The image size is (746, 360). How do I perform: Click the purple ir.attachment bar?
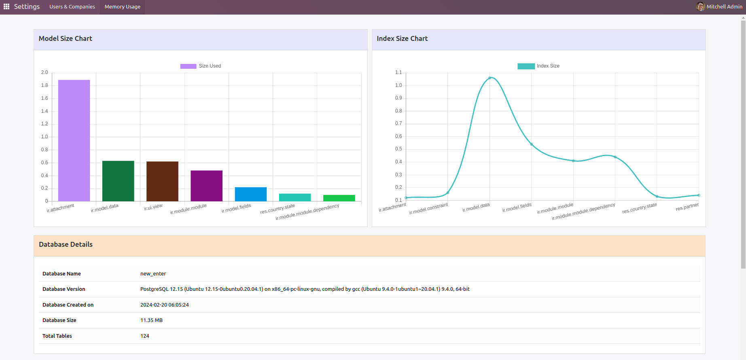point(74,140)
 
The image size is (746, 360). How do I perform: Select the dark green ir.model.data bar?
point(118,181)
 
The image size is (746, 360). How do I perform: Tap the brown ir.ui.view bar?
point(162,181)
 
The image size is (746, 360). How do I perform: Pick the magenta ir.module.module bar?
point(206,186)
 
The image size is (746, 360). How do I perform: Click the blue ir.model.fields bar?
point(251,194)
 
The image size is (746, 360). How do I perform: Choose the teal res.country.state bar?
point(295,197)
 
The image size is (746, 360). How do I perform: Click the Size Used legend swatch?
point(188,66)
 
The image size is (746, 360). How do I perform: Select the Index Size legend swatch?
point(526,66)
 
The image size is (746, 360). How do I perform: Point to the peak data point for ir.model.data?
point(490,78)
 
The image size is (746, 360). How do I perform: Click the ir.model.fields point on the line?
point(532,144)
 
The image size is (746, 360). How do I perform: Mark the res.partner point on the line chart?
point(699,195)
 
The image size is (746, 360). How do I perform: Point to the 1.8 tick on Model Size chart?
point(45,85)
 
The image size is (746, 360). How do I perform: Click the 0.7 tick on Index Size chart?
point(398,123)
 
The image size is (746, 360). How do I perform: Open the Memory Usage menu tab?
point(123,7)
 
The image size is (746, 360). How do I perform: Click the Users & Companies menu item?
point(72,7)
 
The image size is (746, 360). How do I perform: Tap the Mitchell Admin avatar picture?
point(700,6)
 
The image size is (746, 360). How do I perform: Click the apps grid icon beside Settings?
point(6,6)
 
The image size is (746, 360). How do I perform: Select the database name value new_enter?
point(153,274)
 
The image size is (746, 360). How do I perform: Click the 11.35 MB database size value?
point(151,320)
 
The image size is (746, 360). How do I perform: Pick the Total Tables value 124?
point(145,336)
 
